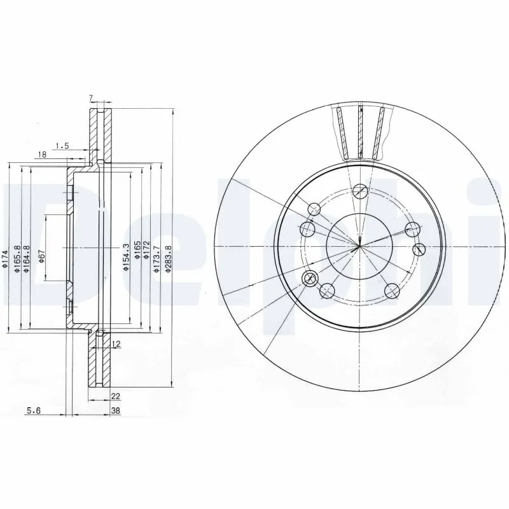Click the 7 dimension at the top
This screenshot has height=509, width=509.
[x=91, y=98]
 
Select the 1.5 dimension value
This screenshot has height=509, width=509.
[x=62, y=146]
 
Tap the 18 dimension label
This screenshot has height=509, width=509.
[x=41, y=155]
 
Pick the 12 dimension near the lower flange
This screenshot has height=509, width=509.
[x=116, y=344]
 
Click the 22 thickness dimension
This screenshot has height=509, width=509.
[x=115, y=396]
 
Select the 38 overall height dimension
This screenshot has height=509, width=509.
[x=115, y=411]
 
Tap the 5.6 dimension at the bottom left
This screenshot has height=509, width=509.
[x=33, y=411]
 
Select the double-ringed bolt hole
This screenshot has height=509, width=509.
[x=311, y=277]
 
